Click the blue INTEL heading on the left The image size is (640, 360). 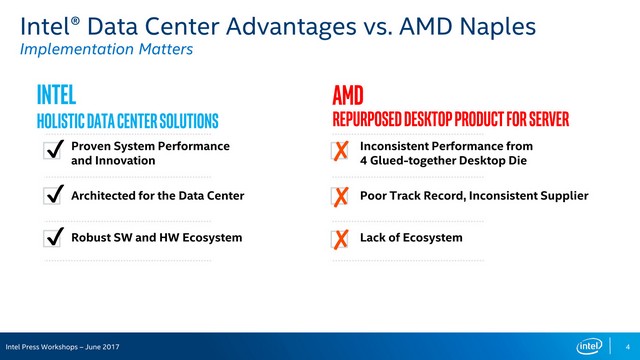click(56, 95)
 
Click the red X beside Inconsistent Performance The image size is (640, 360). click(341, 152)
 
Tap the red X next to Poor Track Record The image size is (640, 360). click(341, 196)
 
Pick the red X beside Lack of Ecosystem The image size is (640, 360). click(341, 239)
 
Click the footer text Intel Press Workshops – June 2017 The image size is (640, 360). click(62, 346)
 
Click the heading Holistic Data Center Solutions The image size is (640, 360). click(127, 121)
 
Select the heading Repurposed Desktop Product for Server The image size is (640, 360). click(450, 121)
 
